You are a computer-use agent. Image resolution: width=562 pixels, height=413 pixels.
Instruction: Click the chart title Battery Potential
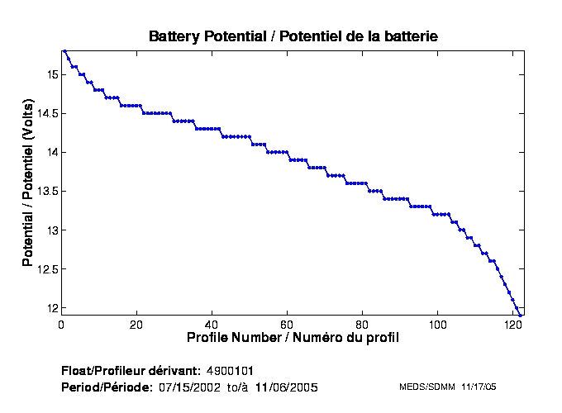[x=293, y=36]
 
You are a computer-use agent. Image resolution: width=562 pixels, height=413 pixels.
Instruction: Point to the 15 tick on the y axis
[x=51, y=74]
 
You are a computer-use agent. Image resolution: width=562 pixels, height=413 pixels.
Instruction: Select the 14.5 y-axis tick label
[x=47, y=113]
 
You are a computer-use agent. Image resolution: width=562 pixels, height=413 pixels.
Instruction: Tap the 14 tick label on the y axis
[x=51, y=152]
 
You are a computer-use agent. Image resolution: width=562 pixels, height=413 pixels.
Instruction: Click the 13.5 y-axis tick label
[x=47, y=191]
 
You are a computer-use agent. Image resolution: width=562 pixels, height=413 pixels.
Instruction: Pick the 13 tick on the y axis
[x=51, y=230]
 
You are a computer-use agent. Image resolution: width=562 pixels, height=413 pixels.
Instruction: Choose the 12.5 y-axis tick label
[x=47, y=268]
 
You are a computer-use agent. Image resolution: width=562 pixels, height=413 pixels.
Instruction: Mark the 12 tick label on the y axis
[x=51, y=307]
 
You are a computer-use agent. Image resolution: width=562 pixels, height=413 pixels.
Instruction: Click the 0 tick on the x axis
[x=62, y=325]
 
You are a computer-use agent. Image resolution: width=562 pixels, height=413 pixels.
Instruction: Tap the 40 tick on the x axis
[x=212, y=325]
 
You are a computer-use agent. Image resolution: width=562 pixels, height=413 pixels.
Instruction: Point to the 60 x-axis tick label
[x=288, y=325]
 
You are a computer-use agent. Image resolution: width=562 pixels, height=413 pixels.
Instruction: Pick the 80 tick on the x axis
[x=363, y=325]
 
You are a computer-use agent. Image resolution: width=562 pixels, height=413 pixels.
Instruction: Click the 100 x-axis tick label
[x=438, y=325]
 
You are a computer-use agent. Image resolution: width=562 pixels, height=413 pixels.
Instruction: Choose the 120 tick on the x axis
[x=513, y=325]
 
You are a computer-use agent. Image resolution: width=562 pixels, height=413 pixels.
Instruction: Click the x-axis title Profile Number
[x=293, y=338]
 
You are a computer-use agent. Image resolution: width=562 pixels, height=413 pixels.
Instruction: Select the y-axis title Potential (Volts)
[x=28, y=183]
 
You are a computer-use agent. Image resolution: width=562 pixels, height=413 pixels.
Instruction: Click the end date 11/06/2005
[x=285, y=387]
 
